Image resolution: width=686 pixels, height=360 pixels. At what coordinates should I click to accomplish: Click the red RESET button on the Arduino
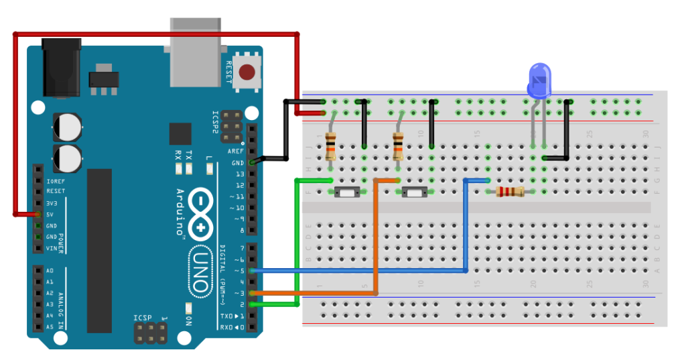coord(249,72)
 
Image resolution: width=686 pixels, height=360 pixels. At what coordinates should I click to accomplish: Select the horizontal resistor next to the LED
coord(510,192)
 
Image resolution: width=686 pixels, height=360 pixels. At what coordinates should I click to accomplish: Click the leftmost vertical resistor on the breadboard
coord(330,146)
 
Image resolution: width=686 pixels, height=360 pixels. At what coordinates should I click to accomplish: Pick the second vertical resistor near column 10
coord(398,146)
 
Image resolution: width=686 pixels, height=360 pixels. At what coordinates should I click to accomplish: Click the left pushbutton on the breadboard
coord(347,193)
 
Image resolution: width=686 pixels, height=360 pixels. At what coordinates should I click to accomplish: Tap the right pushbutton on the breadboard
coord(413,193)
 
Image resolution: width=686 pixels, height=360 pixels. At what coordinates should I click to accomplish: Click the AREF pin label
coord(236,152)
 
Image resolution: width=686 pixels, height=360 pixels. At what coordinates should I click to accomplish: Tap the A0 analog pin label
coord(50,271)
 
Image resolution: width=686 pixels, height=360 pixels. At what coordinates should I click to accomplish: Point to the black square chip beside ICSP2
coord(180,134)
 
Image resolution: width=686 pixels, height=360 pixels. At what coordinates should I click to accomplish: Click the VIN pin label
coord(52,249)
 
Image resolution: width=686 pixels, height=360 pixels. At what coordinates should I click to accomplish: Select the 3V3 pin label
coord(52,203)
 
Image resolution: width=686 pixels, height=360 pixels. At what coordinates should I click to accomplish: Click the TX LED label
coord(189,154)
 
